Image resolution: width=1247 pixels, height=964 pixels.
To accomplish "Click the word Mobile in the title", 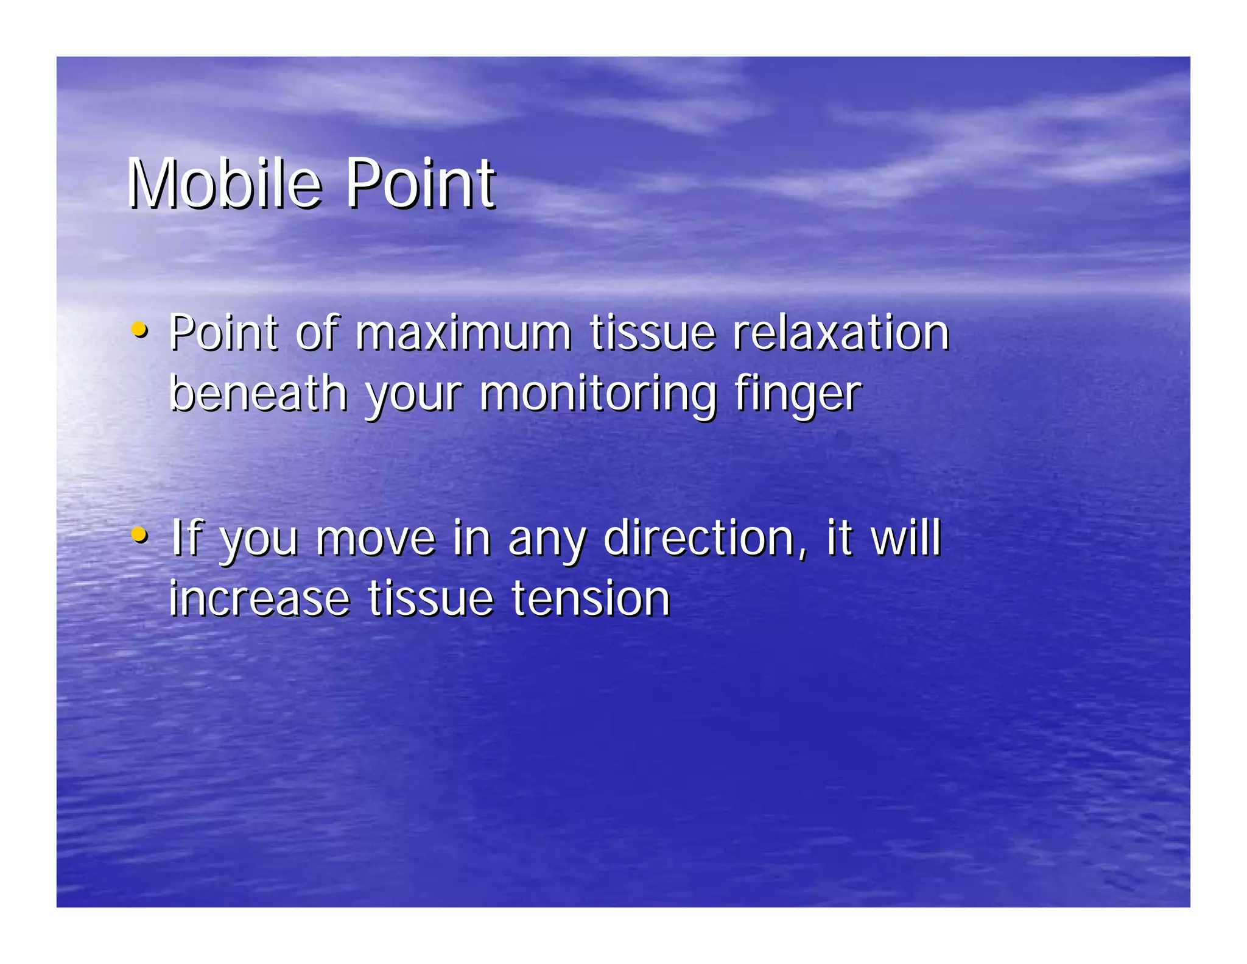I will point(224,183).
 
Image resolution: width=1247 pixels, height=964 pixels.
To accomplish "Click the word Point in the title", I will point(420,183).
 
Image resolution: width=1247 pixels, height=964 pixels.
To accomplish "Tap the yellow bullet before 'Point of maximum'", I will point(139,330).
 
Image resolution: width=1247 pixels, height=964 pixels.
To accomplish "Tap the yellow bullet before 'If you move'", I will point(139,535).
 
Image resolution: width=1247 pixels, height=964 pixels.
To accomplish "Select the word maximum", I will point(463,333).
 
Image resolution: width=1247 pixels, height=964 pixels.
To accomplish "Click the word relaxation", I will point(840,333).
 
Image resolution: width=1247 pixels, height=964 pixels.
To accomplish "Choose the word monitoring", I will point(598,395).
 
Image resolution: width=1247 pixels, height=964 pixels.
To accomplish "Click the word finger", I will point(798,395).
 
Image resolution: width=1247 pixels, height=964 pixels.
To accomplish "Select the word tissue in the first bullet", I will point(652,333).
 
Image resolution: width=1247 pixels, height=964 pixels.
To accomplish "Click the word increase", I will point(259,599).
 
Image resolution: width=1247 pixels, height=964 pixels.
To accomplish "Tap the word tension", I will point(591,599).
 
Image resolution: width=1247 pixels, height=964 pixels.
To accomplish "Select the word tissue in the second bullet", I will point(430,599).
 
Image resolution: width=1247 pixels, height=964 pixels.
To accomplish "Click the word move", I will point(376,539).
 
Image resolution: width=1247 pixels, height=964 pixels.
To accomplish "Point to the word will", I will point(906,538).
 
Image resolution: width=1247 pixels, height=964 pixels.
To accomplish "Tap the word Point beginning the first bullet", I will point(223,333).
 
